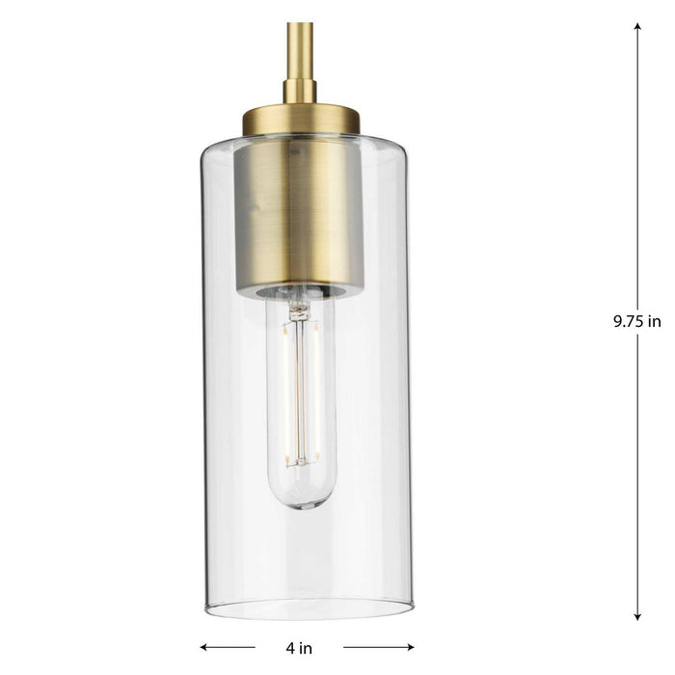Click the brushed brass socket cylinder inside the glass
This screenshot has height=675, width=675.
(x=300, y=212)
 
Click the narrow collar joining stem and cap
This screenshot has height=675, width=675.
(x=300, y=92)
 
